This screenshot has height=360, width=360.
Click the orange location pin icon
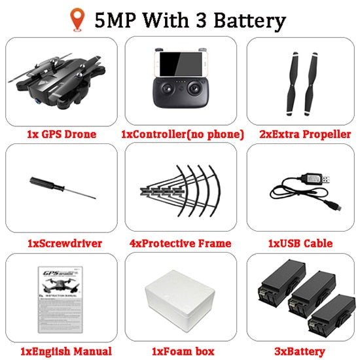(77, 19)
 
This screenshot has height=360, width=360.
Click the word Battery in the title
(250, 21)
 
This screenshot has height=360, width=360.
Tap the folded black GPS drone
(58, 81)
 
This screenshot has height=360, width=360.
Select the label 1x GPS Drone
(62, 134)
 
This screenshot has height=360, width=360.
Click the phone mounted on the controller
(181, 64)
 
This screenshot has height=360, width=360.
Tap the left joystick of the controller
(166, 88)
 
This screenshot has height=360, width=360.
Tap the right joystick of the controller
(195, 88)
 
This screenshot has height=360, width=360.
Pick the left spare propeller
(292, 84)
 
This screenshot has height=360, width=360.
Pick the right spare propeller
(311, 84)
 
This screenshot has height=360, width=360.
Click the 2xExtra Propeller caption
(305, 134)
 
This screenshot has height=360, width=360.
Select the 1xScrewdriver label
(65, 243)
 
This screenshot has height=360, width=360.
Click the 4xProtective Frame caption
(180, 243)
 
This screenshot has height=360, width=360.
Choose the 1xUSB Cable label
(300, 243)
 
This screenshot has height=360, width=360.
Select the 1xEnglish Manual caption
(66, 351)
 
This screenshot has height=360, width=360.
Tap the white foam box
(180, 301)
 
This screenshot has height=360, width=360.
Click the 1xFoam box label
(183, 351)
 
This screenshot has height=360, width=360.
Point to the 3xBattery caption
(300, 351)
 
